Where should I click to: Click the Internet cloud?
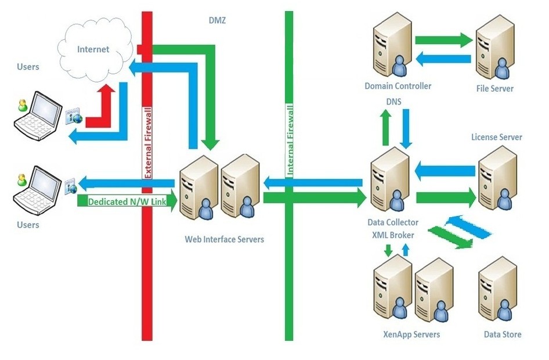click(94, 52)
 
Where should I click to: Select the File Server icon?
click(495, 49)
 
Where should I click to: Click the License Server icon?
click(497, 177)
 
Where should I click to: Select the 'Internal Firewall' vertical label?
click(289, 139)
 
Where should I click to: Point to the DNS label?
click(393, 101)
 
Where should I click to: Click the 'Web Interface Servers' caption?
click(224, 239)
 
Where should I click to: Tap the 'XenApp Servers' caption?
click(411, 334)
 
